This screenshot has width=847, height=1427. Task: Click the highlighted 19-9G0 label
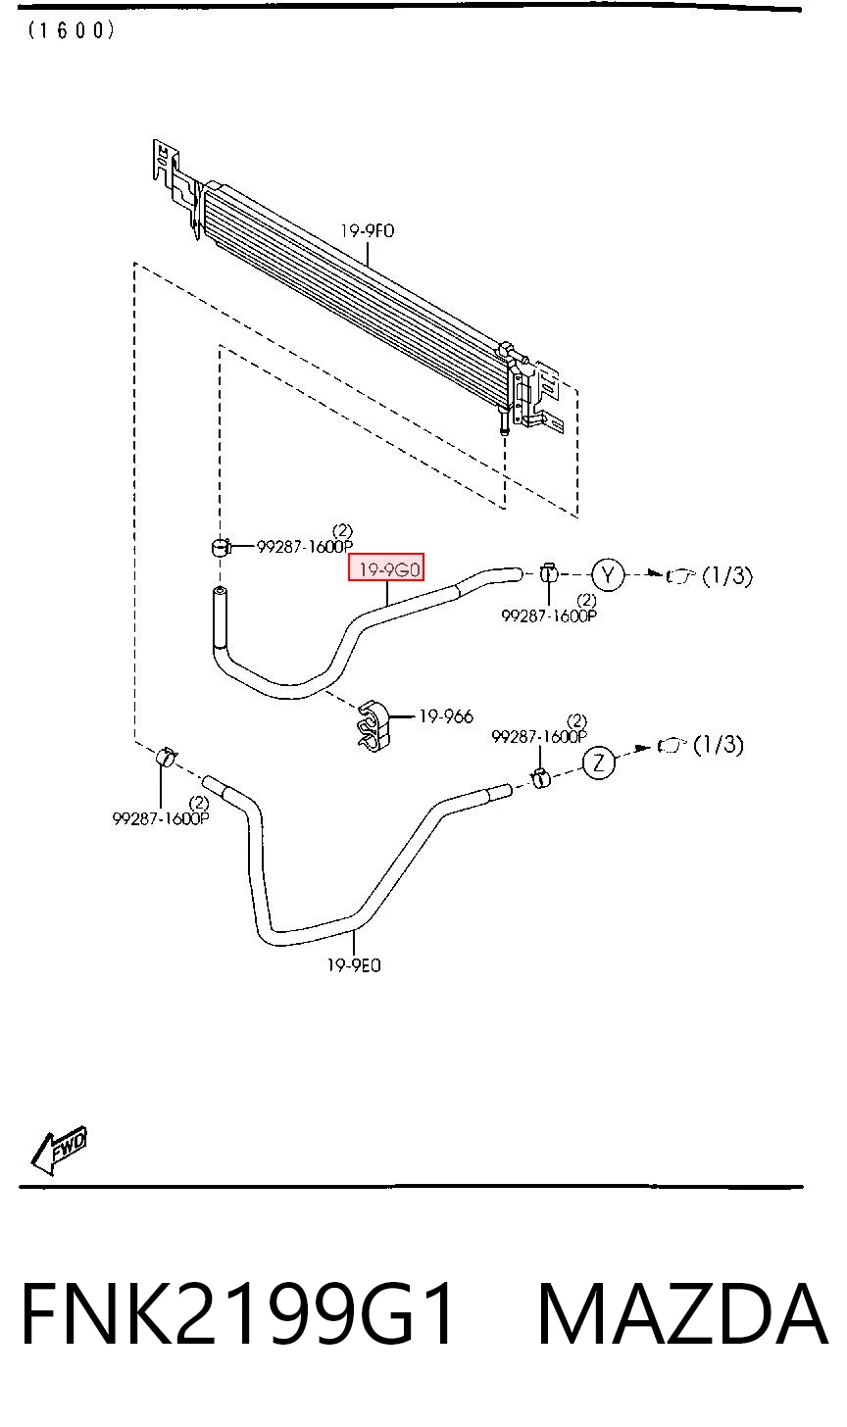[x=385, y=566]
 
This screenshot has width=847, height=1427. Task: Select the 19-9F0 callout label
[x=367, y=230]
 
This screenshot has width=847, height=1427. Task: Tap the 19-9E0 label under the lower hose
[x=354, y=965]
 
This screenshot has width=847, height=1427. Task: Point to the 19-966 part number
[x=446, y=716]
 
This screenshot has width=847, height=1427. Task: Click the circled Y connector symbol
[x=608, y=574]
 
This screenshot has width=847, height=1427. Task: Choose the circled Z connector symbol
[x=599, y=763]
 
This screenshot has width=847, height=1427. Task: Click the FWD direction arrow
[x=59, y=1149]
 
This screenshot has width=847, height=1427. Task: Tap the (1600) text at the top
[x=71, y=30]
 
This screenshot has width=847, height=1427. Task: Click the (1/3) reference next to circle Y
[x=727, y=576]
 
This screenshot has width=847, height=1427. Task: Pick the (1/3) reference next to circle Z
[x=719, y=744]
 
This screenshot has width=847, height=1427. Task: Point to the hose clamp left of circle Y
[x=548, y=573]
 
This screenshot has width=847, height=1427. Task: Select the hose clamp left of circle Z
[x=540, y=778]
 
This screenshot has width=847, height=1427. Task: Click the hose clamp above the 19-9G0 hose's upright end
[x=221, y=547]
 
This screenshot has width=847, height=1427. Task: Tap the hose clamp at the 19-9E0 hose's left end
[x=166, y=757]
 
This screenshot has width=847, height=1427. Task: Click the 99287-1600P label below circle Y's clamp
[x=549, y=615]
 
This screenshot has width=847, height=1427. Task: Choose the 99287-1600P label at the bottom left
[x=161, y=818]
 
